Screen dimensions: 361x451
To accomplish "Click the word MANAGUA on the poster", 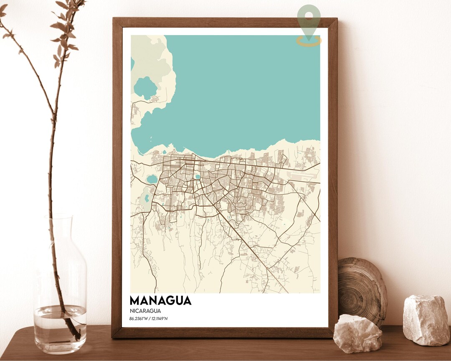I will (160, 300).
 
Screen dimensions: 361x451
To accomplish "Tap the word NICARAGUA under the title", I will (145, 311).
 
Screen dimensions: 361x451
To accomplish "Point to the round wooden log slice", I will (362, 289).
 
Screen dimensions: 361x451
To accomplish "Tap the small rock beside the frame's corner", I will (357, 333).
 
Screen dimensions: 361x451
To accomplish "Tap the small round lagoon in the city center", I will (198, 177).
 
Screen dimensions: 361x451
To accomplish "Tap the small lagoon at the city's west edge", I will (152, 179).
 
